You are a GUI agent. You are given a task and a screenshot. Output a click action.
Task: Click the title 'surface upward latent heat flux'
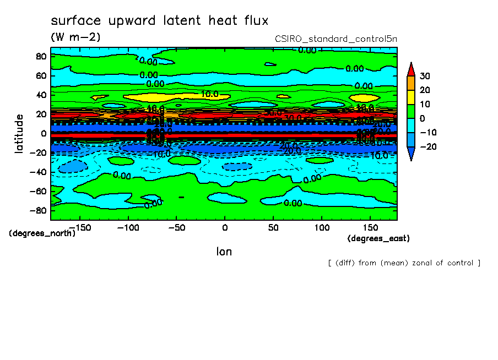(160, 21)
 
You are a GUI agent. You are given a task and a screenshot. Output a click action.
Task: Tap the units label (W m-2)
(75, 37)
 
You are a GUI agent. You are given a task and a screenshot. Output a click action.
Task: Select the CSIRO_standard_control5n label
(336, 39)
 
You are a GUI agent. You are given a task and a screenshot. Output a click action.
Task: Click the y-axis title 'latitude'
(19, 133)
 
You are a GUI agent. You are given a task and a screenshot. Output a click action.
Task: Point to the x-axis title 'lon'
(224, 252)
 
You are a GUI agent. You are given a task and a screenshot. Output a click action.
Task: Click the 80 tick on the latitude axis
(41, 56)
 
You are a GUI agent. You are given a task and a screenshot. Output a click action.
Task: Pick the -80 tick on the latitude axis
(39, 211)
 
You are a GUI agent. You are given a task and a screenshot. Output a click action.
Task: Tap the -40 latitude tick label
(39, 172)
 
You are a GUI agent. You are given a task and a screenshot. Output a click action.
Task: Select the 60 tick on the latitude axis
(41, 75)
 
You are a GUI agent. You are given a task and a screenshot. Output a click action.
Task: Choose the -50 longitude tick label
(176, 227)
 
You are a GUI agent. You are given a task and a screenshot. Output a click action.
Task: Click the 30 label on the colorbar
(424, 76)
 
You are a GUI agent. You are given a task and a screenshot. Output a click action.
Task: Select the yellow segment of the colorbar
(411, 97)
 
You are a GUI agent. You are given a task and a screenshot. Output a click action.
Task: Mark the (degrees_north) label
(42, 233)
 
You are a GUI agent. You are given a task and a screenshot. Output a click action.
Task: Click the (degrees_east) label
(378, 238)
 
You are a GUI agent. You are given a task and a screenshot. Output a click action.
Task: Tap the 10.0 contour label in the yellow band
(210, 94)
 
